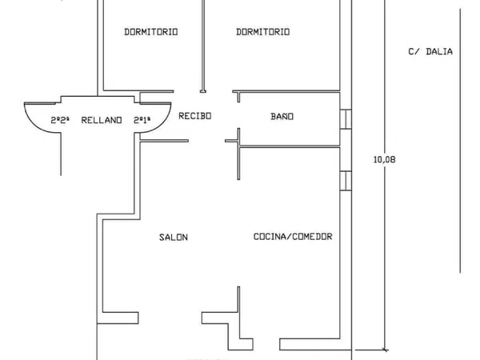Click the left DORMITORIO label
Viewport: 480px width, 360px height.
(151, 32)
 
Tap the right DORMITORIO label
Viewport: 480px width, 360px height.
(263, 32)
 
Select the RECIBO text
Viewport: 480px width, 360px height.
(195, 116)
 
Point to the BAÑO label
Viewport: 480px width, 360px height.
(282, 116)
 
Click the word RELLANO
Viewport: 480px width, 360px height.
(102, 120)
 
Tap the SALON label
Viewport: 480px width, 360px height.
(174, 238)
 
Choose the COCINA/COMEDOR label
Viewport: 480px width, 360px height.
(293, 237)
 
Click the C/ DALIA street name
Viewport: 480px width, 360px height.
(430, 51)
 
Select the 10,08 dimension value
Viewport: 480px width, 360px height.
(385, 159)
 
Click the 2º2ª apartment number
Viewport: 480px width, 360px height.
(60, 120)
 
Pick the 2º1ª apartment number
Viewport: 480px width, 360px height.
(142, 120)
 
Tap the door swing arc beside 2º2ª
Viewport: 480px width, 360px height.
(36, 124)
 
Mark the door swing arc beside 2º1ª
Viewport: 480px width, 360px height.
(159, 124)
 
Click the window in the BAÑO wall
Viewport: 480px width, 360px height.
(346, 119)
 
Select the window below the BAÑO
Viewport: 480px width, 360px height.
(346, 181)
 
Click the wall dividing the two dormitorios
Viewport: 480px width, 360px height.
(203, 46)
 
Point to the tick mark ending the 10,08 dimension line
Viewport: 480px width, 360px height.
(385, 350)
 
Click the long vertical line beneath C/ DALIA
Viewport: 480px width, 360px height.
(460, 141)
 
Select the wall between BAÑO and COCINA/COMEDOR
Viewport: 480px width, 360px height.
(290, 146)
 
